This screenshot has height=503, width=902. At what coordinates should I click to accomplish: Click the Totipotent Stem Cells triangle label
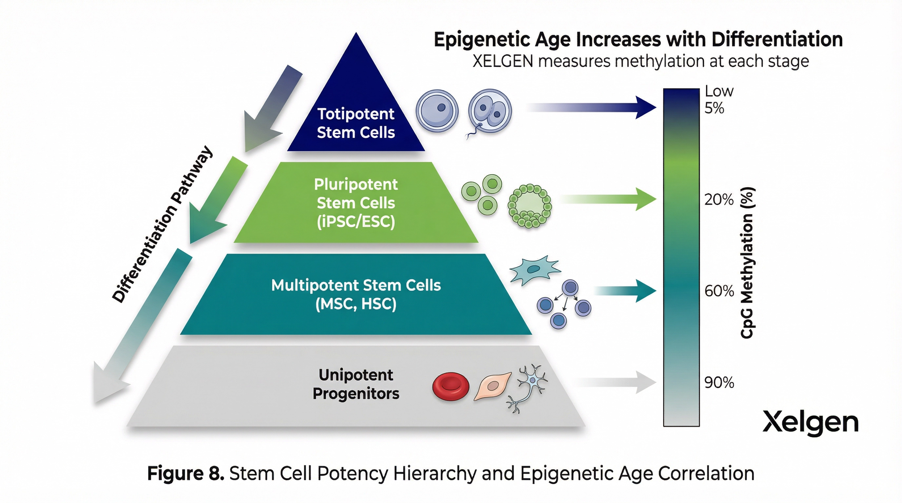[x=356, y=123]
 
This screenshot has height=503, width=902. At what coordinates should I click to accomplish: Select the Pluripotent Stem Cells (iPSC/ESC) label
[x=356, y=203]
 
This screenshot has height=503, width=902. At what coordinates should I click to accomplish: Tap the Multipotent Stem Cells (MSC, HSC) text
[x=356, y=294]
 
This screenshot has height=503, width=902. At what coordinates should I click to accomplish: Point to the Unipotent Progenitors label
[x=356, y=384]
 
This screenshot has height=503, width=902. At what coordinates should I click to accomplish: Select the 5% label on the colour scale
[x=714, y=108]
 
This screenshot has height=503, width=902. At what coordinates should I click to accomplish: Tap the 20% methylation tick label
[x=718, y=200]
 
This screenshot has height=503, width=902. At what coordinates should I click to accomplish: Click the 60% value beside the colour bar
[x=719, y=291]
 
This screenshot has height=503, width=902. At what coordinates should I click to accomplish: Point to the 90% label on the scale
[x=719, y=383]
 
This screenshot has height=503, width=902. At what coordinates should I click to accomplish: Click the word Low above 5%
[x=718, y=91]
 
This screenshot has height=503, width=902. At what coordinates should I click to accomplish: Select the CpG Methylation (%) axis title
[x=748, y=263]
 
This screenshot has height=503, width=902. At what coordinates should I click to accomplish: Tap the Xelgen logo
[x=810, y=422]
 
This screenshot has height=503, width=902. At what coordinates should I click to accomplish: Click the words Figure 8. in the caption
[x=186, y=474]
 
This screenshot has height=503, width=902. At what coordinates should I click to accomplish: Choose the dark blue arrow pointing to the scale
[x=592, y=107]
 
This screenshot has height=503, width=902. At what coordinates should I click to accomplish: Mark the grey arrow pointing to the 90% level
[x=616, y=382]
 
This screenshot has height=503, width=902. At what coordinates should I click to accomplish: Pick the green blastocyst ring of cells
[x=529, y=206]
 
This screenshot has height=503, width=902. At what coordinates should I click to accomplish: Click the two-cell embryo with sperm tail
[x=490, y=111]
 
